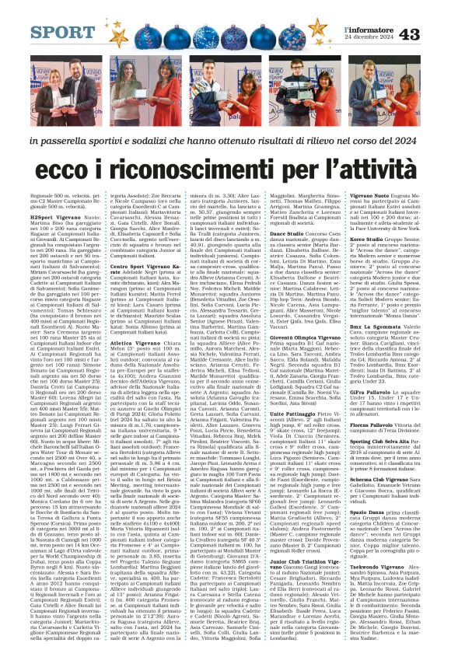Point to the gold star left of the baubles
[119, 36]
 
